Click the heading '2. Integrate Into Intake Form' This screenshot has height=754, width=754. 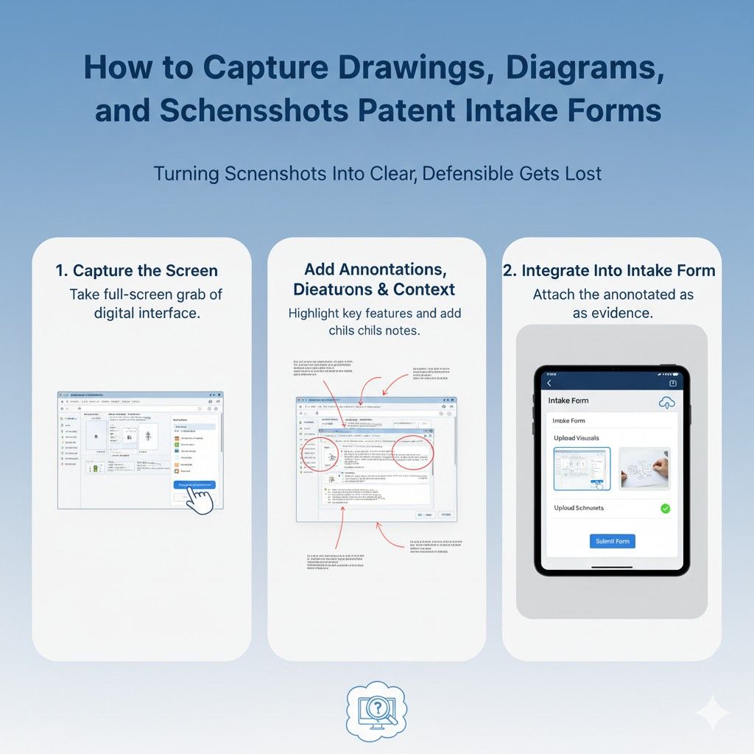click(609, 270)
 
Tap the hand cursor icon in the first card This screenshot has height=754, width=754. click(200, 500)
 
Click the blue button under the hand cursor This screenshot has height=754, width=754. click(194, 485)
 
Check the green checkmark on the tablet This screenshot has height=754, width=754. click(665, 508)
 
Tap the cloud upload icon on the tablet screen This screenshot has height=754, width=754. click(666, 402)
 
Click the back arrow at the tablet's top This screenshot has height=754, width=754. click(549, 383)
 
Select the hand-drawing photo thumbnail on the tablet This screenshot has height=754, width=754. click(644, 468)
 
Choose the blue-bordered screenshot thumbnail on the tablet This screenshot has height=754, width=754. click(582, 468)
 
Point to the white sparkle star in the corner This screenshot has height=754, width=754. click(712, 712)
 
